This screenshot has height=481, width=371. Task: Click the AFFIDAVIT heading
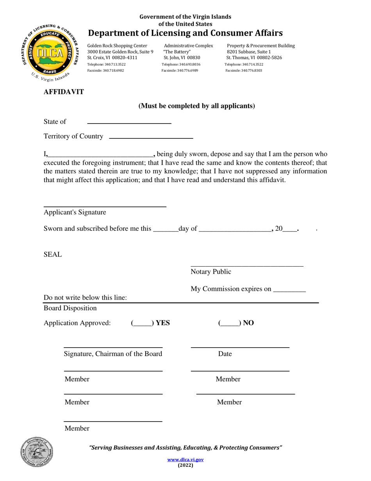(64, 92)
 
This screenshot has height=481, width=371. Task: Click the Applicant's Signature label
(75, 212)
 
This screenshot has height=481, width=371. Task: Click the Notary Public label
(211, 272)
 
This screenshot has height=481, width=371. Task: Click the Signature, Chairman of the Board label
(113, 354)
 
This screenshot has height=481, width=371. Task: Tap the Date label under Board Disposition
(225, 354)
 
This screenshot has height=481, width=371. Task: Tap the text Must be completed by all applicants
(197, 106)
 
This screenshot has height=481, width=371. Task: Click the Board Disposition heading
(70, 308)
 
